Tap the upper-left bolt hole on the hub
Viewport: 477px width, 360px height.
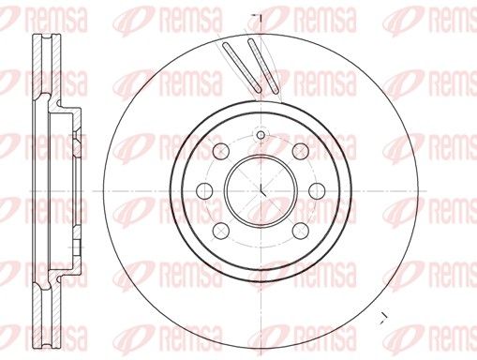coord(222,152)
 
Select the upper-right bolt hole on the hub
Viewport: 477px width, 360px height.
coord(299,152)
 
